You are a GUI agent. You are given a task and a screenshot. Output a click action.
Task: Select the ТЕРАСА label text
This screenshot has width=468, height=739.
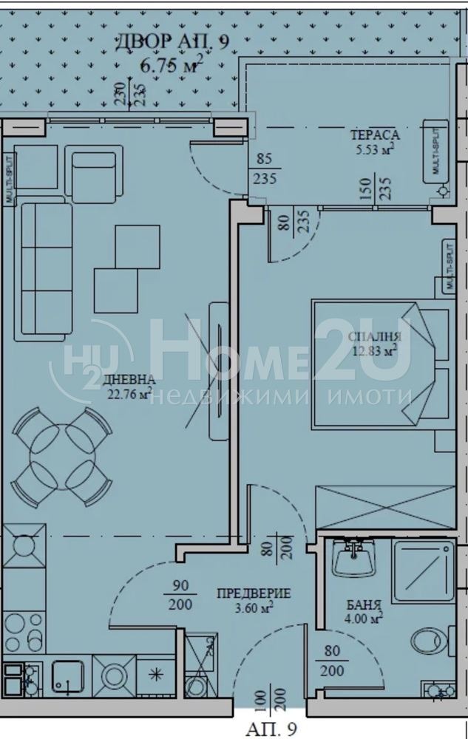coord(375,134)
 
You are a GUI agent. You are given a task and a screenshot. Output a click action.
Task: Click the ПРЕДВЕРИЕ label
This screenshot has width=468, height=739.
coord(254,593)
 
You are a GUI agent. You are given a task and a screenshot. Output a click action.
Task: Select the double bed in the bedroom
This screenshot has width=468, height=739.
coord(381,364)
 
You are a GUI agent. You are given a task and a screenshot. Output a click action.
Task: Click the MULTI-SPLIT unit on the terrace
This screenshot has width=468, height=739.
coord(435,151)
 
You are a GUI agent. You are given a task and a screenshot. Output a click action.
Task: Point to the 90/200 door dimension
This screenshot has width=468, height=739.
coord(180,596)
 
